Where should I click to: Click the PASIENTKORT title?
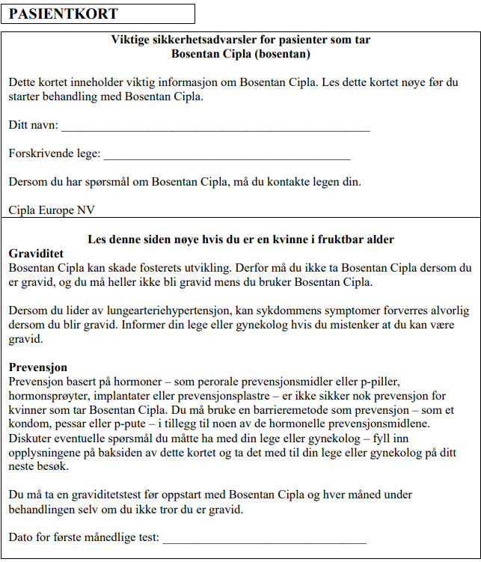click(64, 14)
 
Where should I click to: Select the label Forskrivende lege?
click(55, 153)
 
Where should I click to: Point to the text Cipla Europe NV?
click(52, 210)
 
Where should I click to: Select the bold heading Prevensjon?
click(38, 367)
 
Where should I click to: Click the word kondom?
click(31, 424)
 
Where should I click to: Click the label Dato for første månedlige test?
click(84, 537)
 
